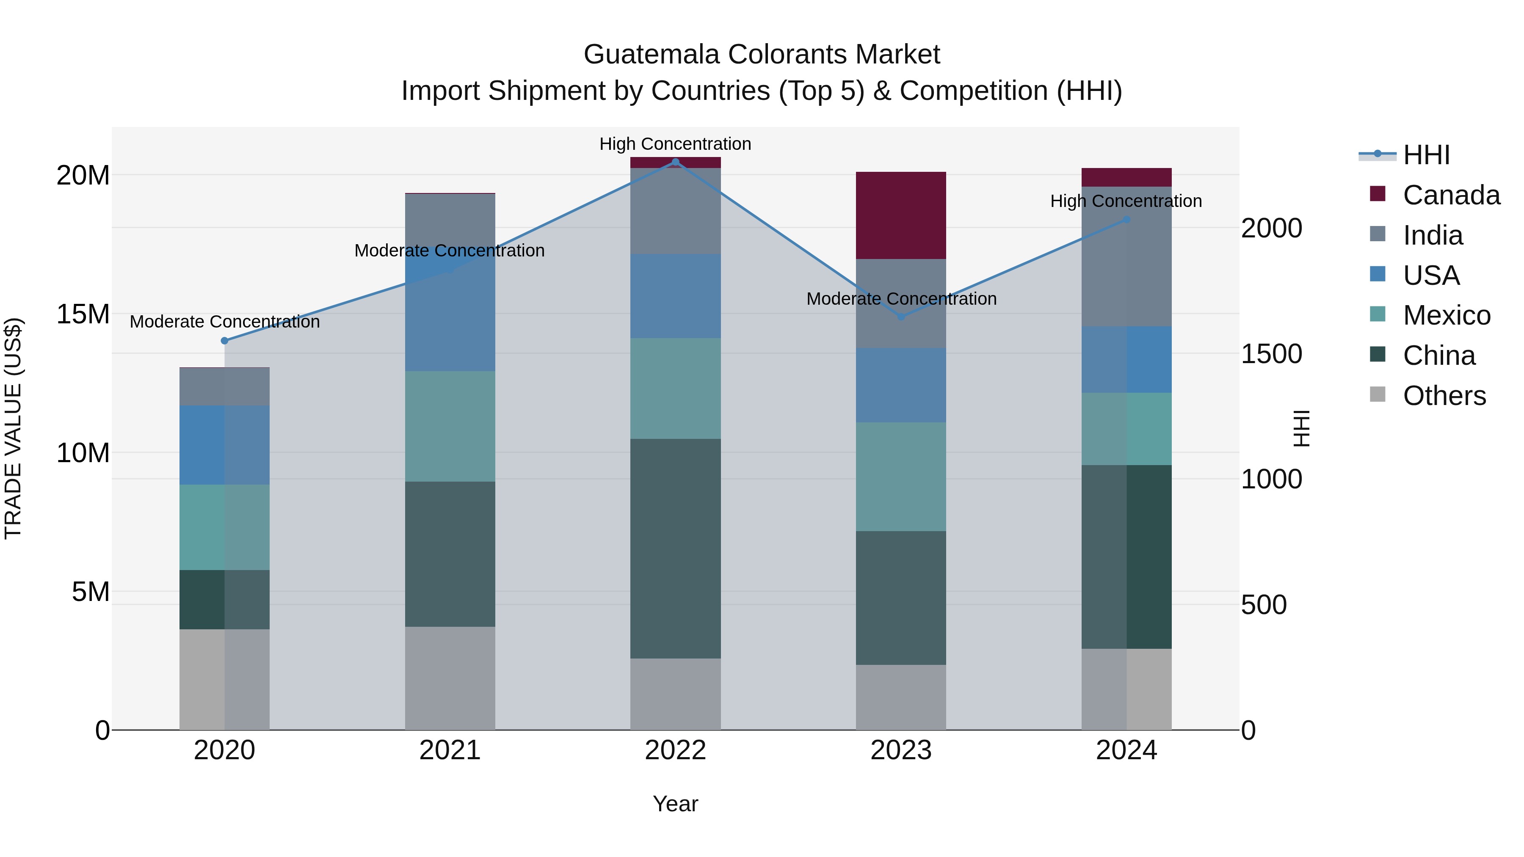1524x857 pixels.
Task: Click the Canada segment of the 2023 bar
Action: [x=900, y=215]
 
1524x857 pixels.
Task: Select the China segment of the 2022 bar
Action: [x=675, y=548]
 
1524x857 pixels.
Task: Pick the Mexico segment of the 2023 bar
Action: [x=900, y=476]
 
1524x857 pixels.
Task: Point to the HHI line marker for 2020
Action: [x=224, y=341]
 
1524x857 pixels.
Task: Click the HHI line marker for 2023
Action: [x=901, y=317]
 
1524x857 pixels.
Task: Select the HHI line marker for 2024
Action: [x=1126, y=219]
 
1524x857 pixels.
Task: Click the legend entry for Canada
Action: [x=1451, y=195]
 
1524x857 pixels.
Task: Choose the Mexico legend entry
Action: [x=1446, y=315]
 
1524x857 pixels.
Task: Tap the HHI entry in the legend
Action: [x=1426, y=155]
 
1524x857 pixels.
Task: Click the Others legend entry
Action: [x=1444, y=396]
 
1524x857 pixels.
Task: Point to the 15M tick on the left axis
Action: [x=83, y=314]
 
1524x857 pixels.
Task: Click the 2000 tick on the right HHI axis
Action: [x=1271, y=228]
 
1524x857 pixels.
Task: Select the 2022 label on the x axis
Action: [x=675, y=750]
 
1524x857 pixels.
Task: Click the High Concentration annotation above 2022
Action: [x=675, y=144]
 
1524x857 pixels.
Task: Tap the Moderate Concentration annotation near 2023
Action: [x=901, y=299]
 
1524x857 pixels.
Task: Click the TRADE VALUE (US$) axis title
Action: [x=13, y=428]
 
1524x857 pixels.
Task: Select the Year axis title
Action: [x=675, y=804]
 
